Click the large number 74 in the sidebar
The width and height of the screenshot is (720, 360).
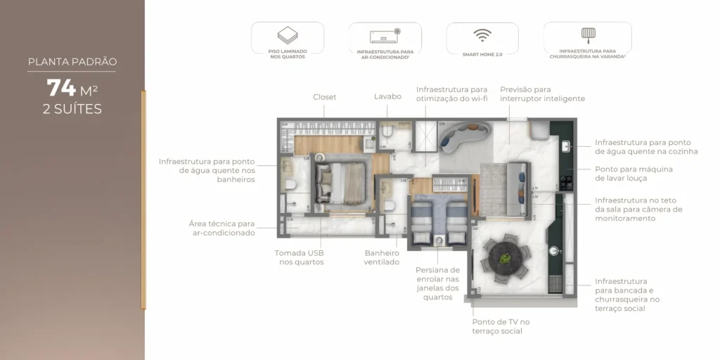(62, 88)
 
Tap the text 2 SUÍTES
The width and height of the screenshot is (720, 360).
(72, 109)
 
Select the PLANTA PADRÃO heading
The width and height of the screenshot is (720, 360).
(72, 62)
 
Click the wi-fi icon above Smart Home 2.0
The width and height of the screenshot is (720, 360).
(482, 35)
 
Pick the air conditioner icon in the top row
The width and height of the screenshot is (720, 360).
(385, 36)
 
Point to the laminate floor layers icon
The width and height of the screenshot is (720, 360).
(288, 35)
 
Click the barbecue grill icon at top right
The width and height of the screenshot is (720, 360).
(587, 34)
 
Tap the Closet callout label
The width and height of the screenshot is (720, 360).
(325, 97)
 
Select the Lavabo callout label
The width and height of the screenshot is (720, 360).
(387, 96)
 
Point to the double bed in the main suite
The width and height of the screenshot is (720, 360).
(342, 184)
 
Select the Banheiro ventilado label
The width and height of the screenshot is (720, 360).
(382, 257)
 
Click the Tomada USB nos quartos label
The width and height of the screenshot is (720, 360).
(300, 257)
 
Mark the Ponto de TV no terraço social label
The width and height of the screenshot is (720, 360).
(501, 326)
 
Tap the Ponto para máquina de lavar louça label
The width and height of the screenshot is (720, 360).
(634, 174)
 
